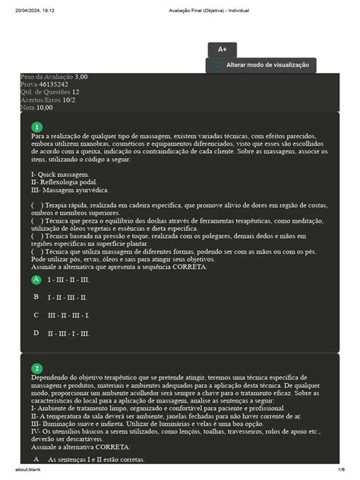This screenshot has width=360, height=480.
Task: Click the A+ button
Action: pos(223,49)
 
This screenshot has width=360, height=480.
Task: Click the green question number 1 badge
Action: pos(36,127)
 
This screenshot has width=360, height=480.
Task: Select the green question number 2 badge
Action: pos(36,368)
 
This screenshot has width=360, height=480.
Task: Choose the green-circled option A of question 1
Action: pos(36,279)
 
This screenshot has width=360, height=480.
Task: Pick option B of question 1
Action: pos(36,297)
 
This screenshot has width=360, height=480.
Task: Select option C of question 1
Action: pos(36,314)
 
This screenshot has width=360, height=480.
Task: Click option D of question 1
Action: pos(36,333)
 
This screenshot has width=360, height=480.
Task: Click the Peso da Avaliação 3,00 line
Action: pos(53,77)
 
